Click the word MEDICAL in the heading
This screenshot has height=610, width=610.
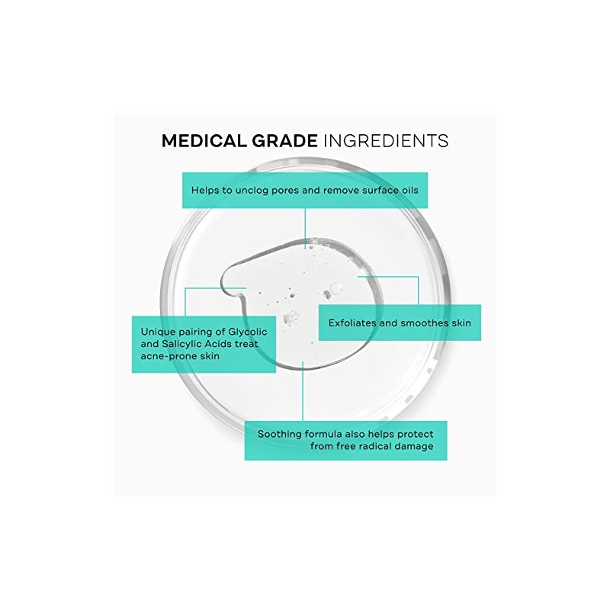201,141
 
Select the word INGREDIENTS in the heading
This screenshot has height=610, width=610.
386,141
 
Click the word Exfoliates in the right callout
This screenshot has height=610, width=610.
354,323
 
